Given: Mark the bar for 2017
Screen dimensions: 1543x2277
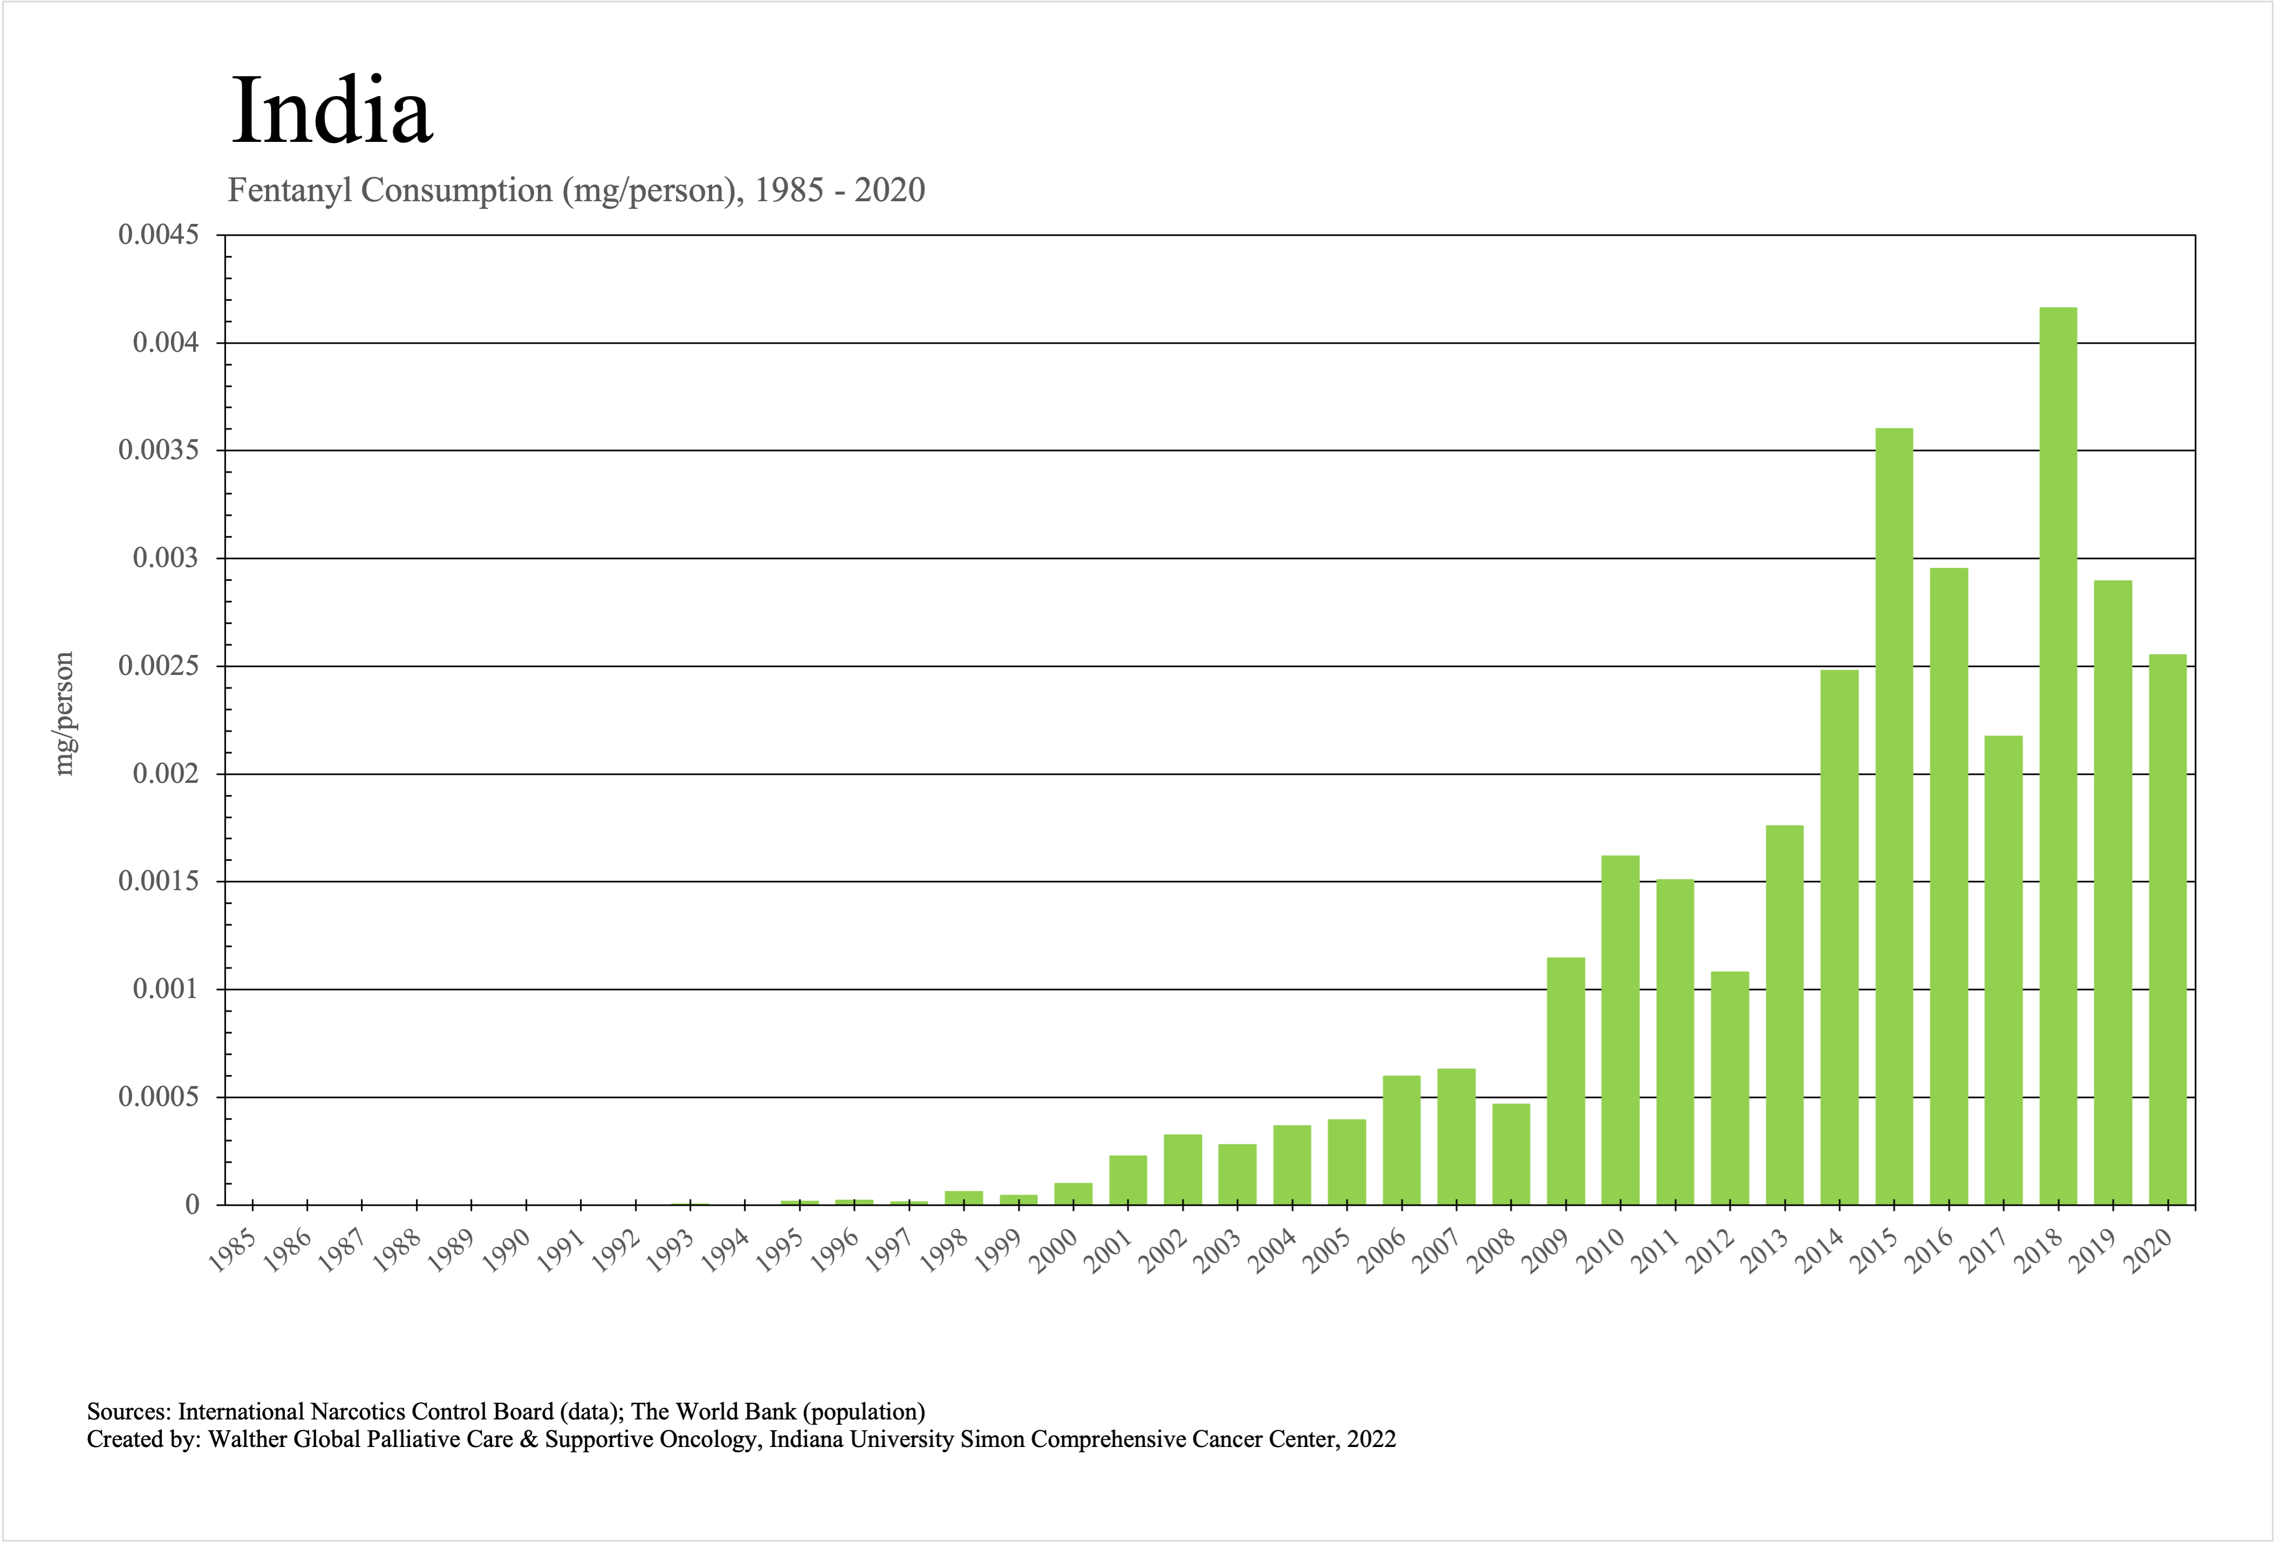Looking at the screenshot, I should (2004, 970).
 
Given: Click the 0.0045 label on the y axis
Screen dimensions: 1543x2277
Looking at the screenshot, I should (159, 235).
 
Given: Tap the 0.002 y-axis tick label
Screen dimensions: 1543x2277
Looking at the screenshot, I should (166, 774).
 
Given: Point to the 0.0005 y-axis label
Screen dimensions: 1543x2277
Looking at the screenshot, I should (159, 1097).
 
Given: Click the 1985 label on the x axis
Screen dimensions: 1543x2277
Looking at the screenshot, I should (233, 1250).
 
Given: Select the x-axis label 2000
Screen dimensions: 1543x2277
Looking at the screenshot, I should (1053, 1250).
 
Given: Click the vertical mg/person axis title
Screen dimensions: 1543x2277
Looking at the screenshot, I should (64, 713).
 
